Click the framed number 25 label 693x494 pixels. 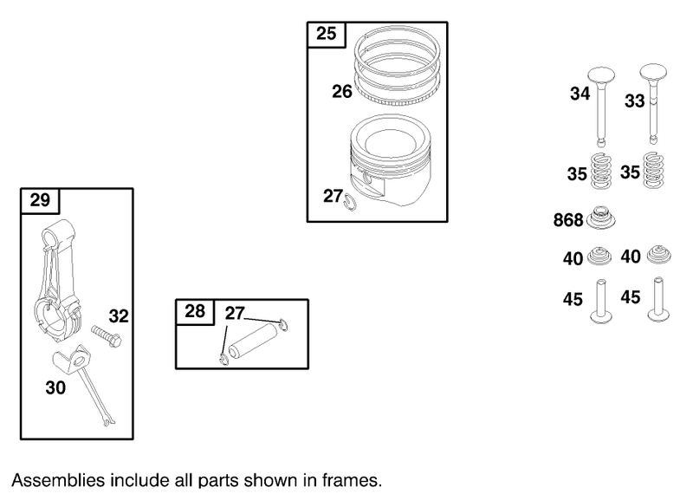coord(327,34)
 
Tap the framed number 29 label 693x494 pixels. coord(40,200)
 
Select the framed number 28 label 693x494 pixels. coord(195,311)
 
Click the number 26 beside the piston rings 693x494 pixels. coord(342,92)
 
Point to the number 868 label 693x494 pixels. coord(568,220)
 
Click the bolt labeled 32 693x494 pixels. coord(107,335)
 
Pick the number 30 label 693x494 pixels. coord(55,388)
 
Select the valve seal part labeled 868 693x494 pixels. coord(600,218)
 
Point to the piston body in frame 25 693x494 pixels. coord(390,160)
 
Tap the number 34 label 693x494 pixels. coord(580,94)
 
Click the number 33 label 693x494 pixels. coord(634,101)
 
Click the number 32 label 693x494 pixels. coord(119,316)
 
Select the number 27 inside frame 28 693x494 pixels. coord(235,314)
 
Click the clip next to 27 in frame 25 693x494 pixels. coord(350,202)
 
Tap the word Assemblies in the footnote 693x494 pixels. coord(59,481)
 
